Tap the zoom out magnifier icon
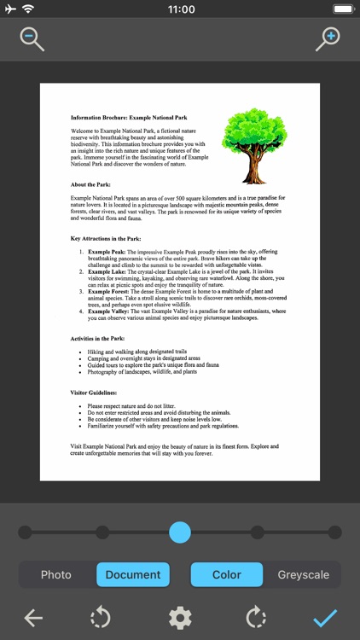pyautogui.click(x=32, y=38)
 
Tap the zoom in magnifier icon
pyautogui.click(x=328, y=38)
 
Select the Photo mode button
pyautogui.click(x=56, y=574)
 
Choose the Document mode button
pyautogui.click(x=132, y=574)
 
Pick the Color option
pyautogui.click(x=226, y=574)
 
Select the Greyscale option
pyautogui.click(x=303, y=574)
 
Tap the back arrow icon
pyautogui.click(x=33, y=617)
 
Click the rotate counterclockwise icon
pyautogui.click(x=101, y=617)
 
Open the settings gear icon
pyautogui.click(x=179, y=617)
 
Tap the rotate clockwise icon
pyautogui.click(x=256, y=617)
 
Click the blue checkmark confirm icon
pyautogui.click(x=325, y=617)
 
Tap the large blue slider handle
pyautogui.click(x=180, y=532)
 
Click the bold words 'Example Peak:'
pyautogui.click(x=107, y=253)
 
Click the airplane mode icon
pyautogui.click(x=9, y=9)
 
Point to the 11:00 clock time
pyautogui.click(x=180, y=9)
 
